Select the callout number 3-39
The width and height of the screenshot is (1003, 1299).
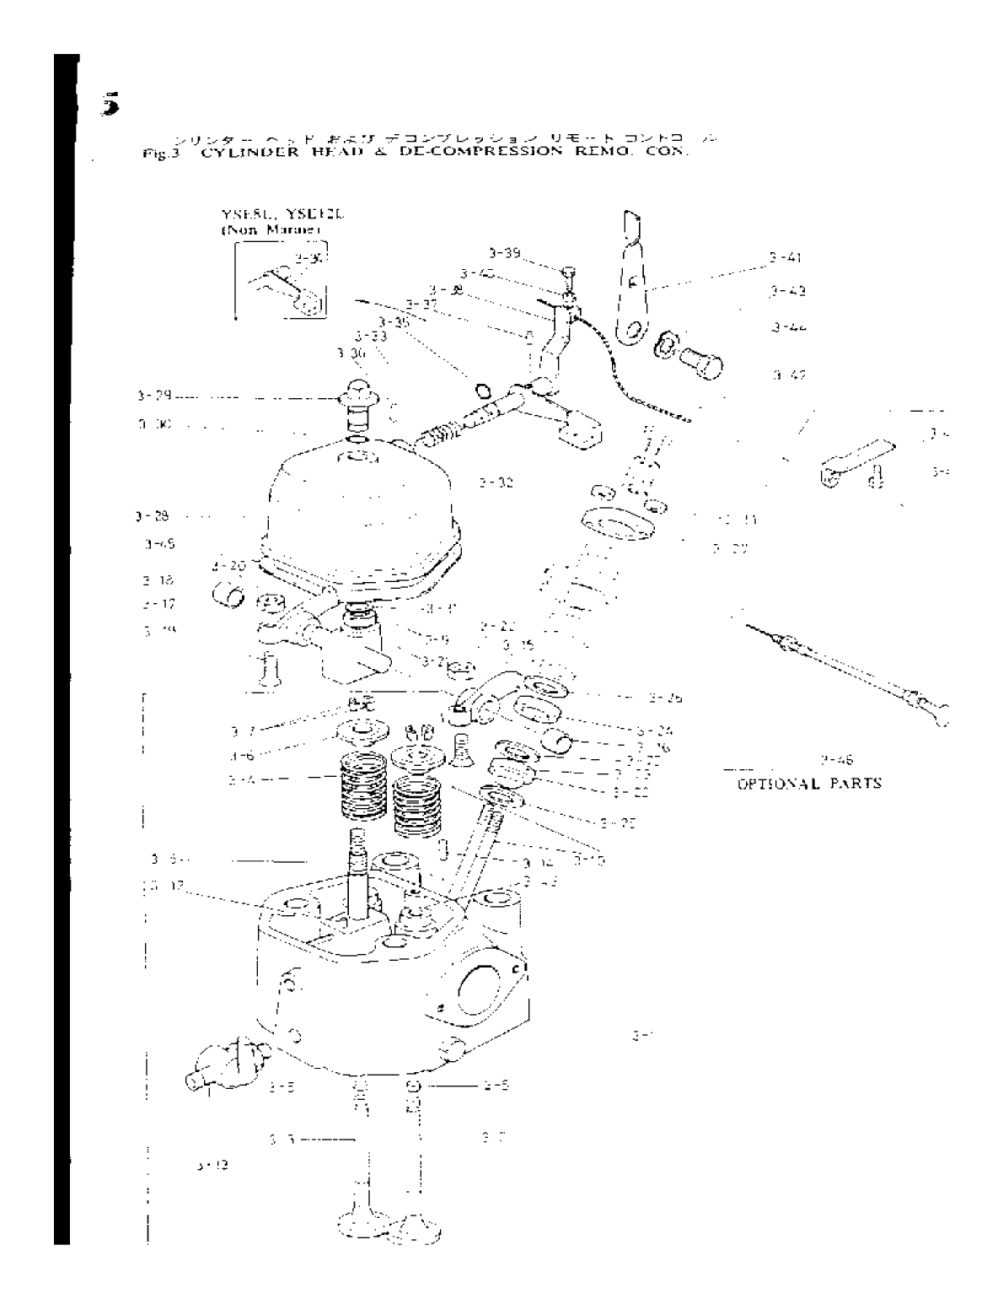[x=505, y=252]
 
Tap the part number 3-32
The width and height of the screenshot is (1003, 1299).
[x=496, y=483]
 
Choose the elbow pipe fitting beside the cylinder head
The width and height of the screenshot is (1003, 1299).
[x=222, y=1060]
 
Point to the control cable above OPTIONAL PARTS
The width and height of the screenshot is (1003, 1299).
[x=851, y=666]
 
